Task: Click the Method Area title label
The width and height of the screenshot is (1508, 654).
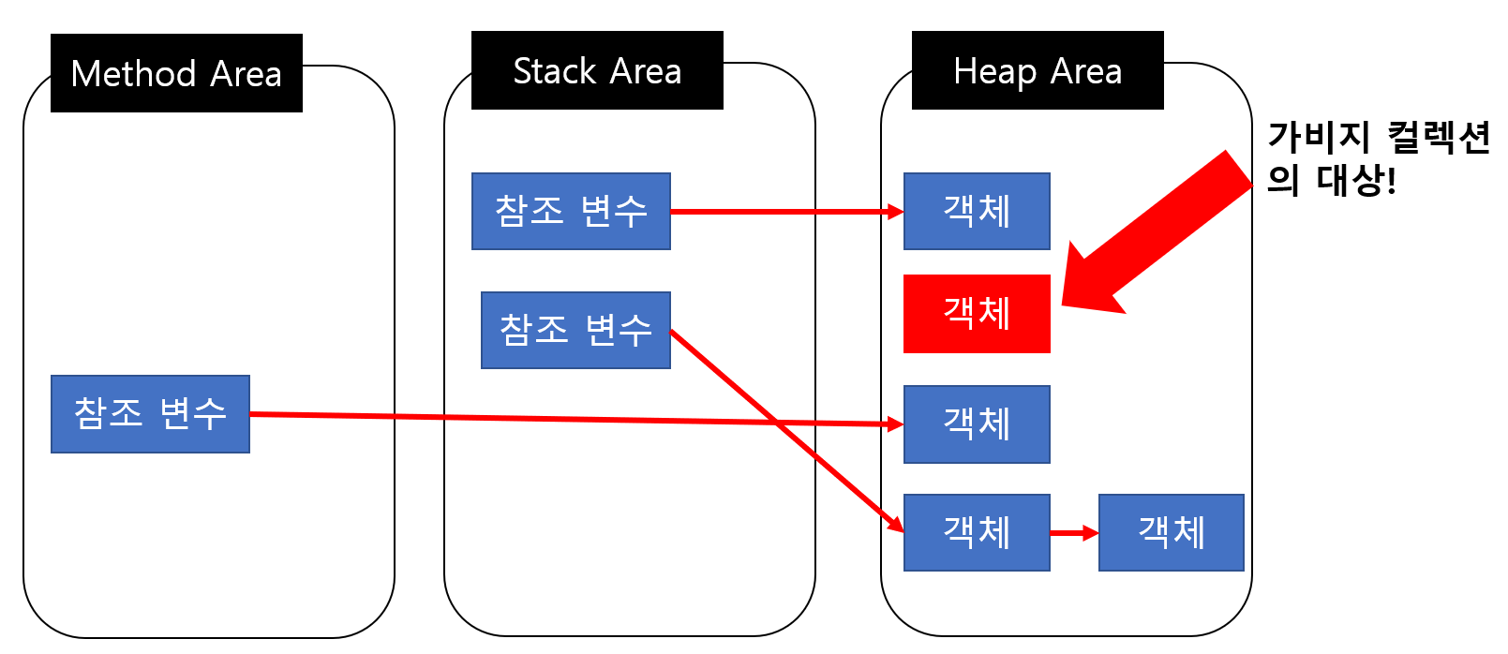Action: click(176, 73)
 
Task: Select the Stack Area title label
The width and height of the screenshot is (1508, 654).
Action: click(597, 70)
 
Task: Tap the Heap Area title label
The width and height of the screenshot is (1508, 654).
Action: click(1038, 70)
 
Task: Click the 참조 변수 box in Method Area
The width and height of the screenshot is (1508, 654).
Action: click(150, 414)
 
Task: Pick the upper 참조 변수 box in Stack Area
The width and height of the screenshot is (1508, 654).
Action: click(571, 211)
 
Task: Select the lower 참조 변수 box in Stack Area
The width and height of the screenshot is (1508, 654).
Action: click(575, 330)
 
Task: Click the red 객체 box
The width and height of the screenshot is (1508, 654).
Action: click(977, 314)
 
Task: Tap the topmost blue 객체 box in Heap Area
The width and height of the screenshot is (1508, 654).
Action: click(977, 211)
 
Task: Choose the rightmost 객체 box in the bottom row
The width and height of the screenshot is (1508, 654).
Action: click(1171, 532)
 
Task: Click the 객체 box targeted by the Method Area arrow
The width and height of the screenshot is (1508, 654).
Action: click(977, 424)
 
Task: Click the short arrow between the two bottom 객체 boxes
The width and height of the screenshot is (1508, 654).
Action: click(1073, 533)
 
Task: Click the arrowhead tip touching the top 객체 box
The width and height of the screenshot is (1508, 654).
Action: click(900, 212)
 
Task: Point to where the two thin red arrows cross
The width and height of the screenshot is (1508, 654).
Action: click(777, 422)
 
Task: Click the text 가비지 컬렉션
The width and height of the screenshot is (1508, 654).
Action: click(1378, 138)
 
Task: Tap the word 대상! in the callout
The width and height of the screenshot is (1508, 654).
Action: click(1356, 179)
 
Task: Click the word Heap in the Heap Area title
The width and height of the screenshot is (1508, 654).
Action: click(994, 71)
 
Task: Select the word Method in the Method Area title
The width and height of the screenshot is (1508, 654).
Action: click(133, 74)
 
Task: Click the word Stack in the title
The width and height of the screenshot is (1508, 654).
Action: click(555, 71)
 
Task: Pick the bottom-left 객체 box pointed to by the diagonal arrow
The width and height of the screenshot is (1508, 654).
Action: click(977, 532)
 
